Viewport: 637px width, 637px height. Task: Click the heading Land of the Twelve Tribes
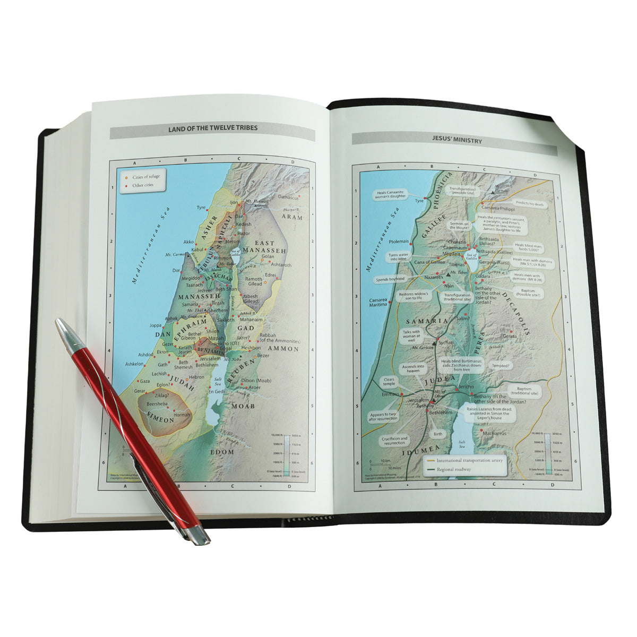[x=212, y=128]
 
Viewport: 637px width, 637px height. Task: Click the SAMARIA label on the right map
[x=422, y=322]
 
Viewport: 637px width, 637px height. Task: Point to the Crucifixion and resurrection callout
[x=394, y=441]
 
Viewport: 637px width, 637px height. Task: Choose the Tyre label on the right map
[x=420, y=201]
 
